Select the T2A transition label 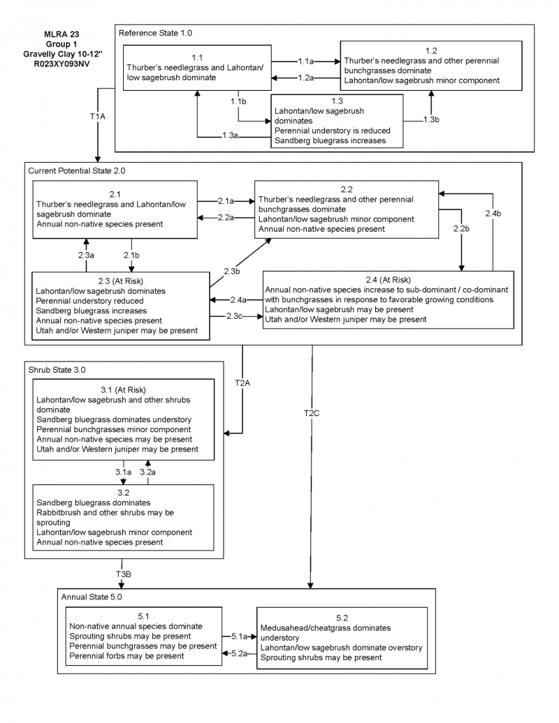[242, 382]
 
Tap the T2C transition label [312, 413]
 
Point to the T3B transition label [124, 574]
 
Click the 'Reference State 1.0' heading [155, 33]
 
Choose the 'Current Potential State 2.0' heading [78, 170]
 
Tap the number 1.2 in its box [431, 50]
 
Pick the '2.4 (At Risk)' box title [388, 279]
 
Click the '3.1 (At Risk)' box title [123, 389]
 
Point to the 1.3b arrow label [431, 120]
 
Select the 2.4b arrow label [493, 212]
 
